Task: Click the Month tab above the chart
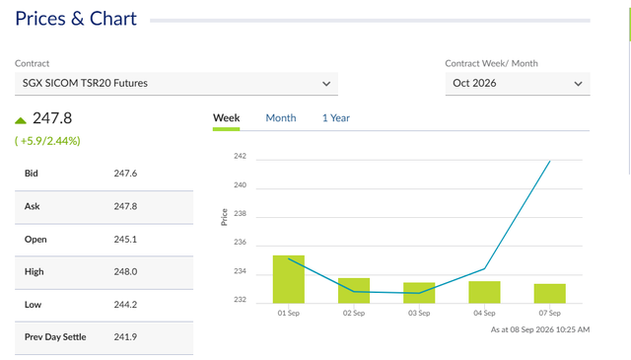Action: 280,118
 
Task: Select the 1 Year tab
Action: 335,118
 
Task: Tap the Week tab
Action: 226,118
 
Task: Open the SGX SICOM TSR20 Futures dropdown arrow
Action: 326,84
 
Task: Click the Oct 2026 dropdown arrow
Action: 579,84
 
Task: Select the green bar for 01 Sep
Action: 289,279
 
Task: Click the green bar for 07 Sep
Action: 550,294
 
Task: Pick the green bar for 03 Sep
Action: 419,293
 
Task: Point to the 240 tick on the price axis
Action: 240,185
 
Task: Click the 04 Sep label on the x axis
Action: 484,313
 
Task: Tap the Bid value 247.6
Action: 125,174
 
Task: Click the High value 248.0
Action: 125,272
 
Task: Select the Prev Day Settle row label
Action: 55,337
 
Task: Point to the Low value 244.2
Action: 125,305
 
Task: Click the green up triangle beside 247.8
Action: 21,120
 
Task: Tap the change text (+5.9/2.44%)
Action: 47,141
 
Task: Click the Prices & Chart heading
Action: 76,19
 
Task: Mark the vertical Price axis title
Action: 224,217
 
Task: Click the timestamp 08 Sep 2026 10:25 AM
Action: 550,329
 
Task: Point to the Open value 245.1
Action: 125,240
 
